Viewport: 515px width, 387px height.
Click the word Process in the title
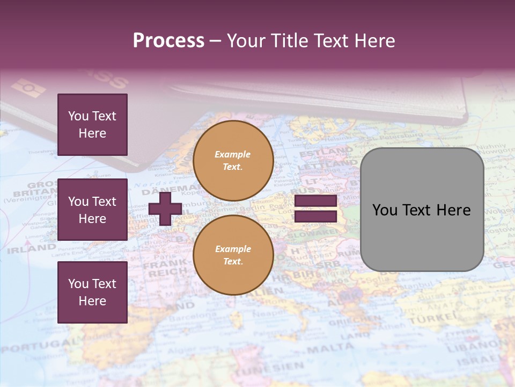pos(168,41)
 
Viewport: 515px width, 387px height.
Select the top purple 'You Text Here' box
pos(92,125)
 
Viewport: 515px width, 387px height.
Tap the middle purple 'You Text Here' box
pos(92,210)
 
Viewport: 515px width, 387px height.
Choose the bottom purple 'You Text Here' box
pos(92,292)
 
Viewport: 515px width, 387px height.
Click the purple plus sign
pos(165,209)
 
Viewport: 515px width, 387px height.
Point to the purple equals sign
pos(315,209)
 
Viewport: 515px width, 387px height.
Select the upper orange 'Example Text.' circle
pos(233,161)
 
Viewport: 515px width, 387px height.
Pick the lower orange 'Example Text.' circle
pos(233,255)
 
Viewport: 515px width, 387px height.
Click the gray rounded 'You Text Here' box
pos(422,210)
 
